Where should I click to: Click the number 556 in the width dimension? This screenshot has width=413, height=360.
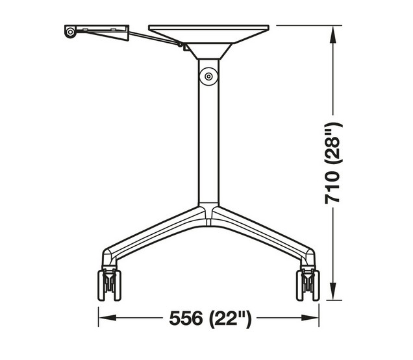pyautogui.click(x=185, y=318)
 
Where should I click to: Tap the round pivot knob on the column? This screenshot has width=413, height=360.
pyautogui.click(x=208, y=75)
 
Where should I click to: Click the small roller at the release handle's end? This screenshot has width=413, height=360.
pyautogui.click(x=69, y=32)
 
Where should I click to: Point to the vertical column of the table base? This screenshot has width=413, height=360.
pyautogui.click(x=208, y=136)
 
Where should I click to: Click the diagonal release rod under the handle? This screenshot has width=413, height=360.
pyautogui.click(x=156, y=38)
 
